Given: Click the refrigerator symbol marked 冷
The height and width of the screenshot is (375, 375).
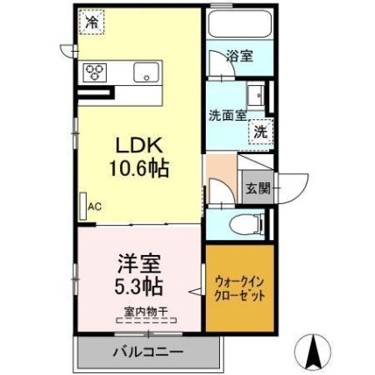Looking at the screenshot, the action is (x=92, y=22).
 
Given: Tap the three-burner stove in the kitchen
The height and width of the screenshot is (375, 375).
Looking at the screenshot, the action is (x=95, y=72).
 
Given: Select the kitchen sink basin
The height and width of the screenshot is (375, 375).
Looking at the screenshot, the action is (x=146, y=72).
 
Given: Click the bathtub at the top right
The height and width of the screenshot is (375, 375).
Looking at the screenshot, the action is (x=239, y=24).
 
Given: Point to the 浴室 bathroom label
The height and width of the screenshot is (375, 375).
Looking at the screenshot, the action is (x=240, y=56).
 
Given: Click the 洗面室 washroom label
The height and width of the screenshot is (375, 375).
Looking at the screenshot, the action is (x=228, y=116).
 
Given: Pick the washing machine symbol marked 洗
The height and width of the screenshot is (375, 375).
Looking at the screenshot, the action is (x=260, y=132).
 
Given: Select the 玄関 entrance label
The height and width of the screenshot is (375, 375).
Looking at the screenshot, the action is (x=258, y=188).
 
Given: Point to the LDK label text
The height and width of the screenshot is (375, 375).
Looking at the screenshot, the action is (x=139, y=145).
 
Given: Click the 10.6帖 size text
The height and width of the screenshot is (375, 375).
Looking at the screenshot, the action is (x=139, y=168).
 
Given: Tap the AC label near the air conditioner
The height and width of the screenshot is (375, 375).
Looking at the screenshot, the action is (x=95, y=207).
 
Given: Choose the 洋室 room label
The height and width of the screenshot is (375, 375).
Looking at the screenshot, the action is (x=139, y=264).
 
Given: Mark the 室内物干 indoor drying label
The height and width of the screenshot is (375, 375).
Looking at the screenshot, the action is (x=146, y=311).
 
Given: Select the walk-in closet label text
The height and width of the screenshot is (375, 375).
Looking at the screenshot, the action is (x=240, y=289).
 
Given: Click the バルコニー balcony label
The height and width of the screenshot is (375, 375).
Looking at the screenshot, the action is (x=148, y=351).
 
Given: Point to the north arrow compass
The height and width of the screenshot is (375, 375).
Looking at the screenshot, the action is (x=313, y=350).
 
